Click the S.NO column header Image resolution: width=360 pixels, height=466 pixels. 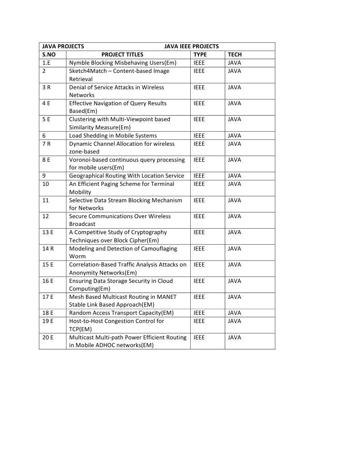click(x=49, y=55)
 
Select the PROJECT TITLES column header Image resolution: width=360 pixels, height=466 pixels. click(x=122, y=55)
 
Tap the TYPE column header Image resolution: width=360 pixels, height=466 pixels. click(x=200, y=55)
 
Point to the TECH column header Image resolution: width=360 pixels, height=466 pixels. click(x=235, y=55)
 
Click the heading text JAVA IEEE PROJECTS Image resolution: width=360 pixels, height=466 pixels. click(x=191, y=46)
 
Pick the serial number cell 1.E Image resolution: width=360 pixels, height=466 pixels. click(x=46, y=63)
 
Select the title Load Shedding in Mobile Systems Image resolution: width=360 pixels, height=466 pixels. click(x=113, y=136)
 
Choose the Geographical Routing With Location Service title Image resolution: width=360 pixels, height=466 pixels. click(x=127, y=176)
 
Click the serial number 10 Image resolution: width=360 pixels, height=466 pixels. click(x=46, y=184)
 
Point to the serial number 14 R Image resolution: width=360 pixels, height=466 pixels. click(x=48, y=249)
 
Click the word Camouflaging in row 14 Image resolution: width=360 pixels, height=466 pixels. click(x=159, y=249)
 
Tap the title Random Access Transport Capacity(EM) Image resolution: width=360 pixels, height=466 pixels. click(x=121, y=313)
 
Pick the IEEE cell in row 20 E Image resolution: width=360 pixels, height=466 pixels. click(x=199, y=338)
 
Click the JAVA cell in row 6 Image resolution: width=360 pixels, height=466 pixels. click(x=234, y=136)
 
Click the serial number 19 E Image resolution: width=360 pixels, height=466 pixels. click(x=48, y=321)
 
